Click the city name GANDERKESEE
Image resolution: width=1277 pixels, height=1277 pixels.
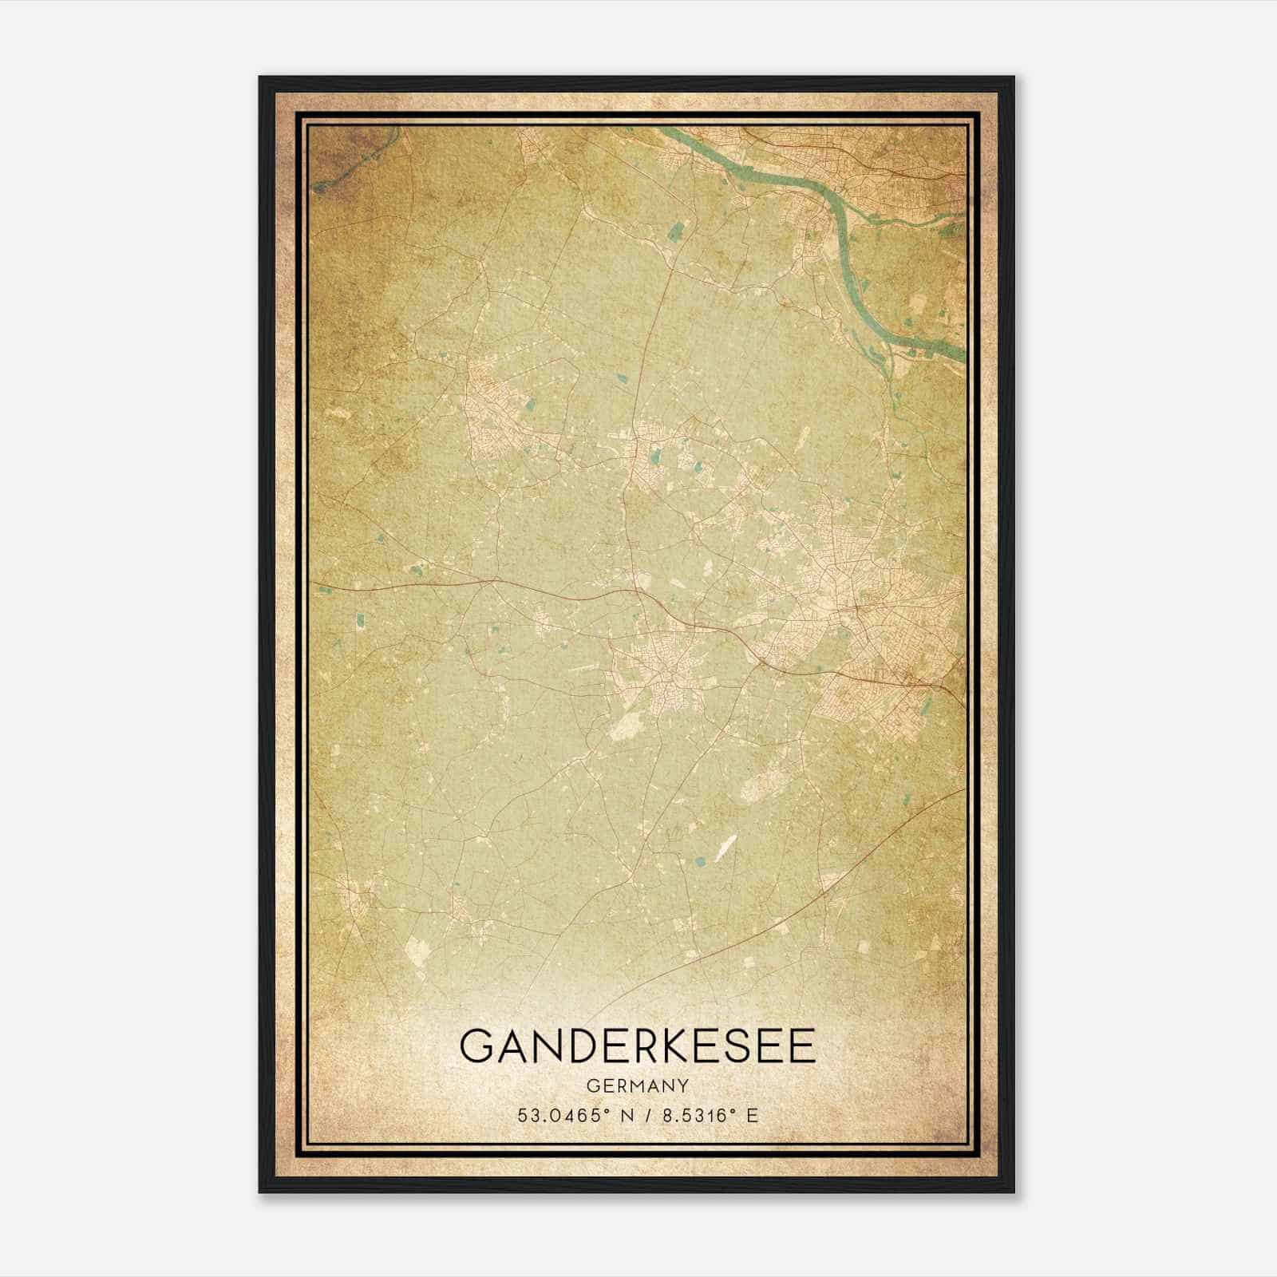638,1046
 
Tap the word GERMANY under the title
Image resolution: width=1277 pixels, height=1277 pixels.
638,1086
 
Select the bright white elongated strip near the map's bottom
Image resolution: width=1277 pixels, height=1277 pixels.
725,849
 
